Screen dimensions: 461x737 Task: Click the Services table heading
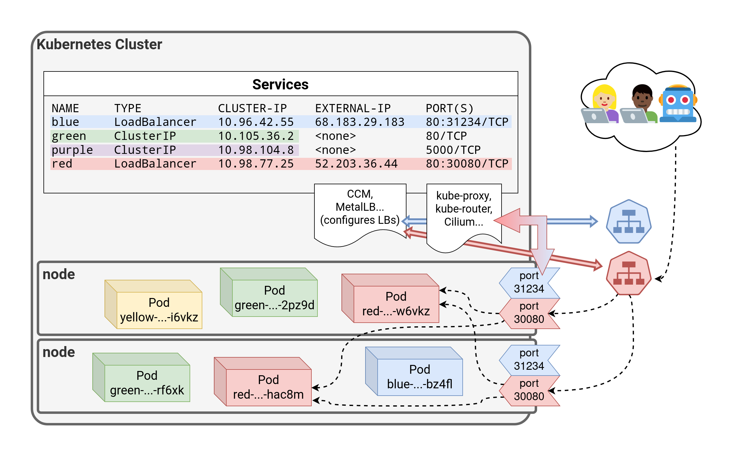280,85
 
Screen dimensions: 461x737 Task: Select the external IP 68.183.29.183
359,122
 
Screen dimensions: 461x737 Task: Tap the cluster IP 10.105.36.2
256,136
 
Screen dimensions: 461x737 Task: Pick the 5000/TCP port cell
453,150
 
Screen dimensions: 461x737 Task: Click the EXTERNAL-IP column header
353,108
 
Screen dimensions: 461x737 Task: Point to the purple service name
72,150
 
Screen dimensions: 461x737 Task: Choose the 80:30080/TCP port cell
467,164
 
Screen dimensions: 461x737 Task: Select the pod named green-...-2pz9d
274,298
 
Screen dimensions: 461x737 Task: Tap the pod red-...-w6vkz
396,304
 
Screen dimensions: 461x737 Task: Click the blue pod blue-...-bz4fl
420,377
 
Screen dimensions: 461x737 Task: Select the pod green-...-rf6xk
147,383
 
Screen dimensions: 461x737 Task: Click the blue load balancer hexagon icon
629,221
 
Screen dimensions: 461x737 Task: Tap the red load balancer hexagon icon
629,273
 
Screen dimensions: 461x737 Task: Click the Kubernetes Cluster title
99,44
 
